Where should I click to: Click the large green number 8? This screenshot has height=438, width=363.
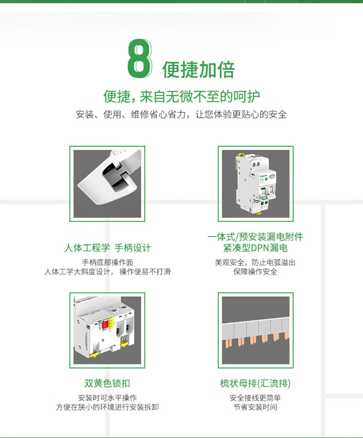[140, 58]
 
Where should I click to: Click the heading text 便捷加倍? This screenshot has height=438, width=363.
[199, 69]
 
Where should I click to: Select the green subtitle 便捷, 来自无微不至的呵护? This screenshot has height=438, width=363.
[181, 96]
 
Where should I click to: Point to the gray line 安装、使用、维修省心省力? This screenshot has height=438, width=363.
[131, 114]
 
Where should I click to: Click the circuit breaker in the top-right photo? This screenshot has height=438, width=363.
[256, 184]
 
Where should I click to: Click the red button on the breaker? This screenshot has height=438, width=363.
[106, 325]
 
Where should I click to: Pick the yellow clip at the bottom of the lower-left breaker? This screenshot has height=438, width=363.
[94, 354]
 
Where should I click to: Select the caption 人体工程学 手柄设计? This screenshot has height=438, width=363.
[108, 248]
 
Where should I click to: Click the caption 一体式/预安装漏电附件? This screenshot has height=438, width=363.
[255, 237]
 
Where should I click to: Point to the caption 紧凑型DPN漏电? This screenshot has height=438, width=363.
[255, 248]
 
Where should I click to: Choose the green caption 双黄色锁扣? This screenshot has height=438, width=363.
[108, 383]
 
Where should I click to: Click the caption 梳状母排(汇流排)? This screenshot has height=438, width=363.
[255, 383]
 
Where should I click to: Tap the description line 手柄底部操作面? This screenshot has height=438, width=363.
[108, 262]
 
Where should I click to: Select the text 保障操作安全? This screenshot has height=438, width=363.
[255, 271]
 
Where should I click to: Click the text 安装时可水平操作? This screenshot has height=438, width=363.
[108, 398]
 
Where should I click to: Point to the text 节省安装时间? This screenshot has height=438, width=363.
[255, 407]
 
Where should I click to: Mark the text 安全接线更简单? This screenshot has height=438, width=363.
[255, 398]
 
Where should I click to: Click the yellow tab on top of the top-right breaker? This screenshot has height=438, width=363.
[239, 155]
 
